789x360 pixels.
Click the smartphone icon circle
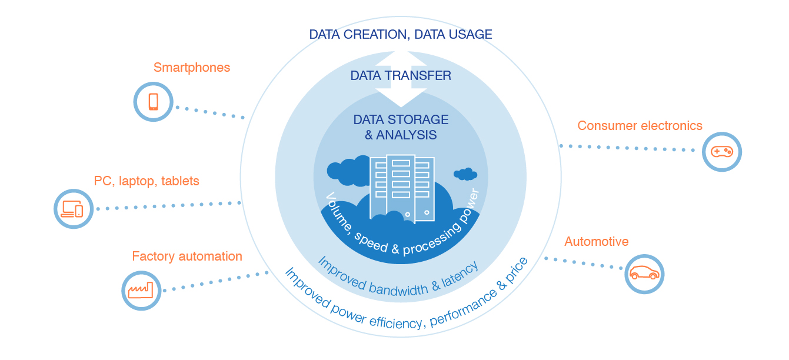153,102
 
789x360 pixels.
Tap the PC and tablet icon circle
74,209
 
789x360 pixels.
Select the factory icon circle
141,289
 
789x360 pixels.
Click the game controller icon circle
722,151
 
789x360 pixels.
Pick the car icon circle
644,274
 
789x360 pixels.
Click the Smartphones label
192,68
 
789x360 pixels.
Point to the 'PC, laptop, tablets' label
147,181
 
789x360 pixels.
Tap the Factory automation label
187,256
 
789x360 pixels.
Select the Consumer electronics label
640,125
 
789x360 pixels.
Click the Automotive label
596,241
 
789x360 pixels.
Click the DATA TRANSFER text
401,75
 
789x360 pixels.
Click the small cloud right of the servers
465,174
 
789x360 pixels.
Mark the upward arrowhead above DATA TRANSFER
401,59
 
